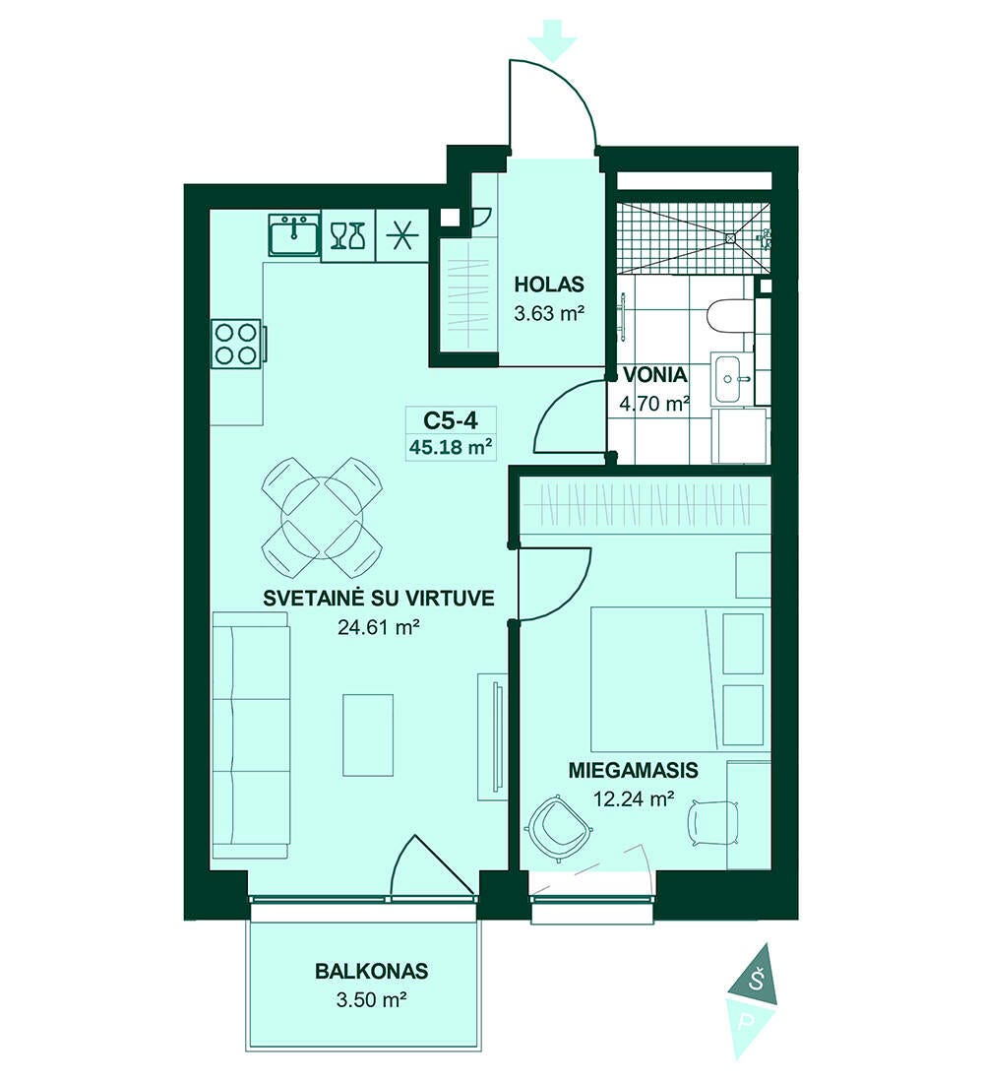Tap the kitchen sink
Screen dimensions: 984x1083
point(295,235)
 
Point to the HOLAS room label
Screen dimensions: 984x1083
point(550,285)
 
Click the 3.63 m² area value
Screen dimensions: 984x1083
point(550,313)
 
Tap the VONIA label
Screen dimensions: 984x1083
point(655,375)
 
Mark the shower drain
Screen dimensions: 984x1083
point(730,238)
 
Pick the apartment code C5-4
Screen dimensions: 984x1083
point(451,420)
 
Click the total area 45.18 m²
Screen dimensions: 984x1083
point(451,447)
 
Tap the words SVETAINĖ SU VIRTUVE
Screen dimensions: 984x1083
point(379,599)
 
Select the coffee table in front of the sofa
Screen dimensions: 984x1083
point(368,735)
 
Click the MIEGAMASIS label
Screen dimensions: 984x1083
point(634,770)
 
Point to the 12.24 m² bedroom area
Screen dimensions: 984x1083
point(634,799)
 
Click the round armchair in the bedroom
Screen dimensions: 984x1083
point(558,827)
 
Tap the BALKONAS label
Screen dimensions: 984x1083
point(372,971)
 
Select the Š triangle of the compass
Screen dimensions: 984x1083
point(756,978)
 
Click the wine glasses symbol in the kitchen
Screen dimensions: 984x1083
point(347,235)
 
